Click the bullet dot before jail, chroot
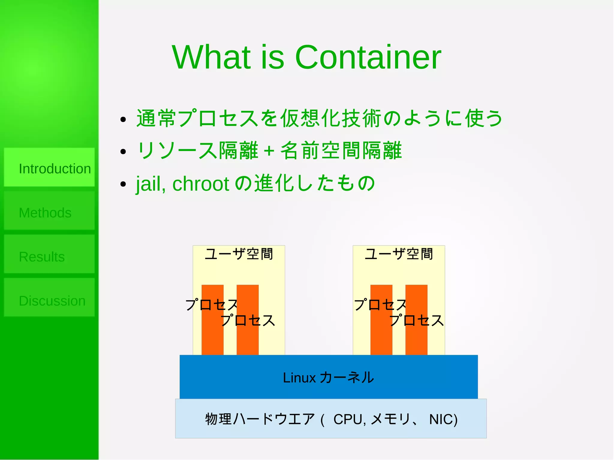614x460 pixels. [123, 184]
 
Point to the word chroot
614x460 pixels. [201, 184]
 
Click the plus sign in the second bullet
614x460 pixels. [269, 151]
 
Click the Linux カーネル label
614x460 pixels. [328, 377]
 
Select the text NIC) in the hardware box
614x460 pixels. [443, 419]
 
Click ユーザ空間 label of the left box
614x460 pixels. [239, 254]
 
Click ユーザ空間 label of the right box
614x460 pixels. [399, 254]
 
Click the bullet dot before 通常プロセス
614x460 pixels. [123, 120]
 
